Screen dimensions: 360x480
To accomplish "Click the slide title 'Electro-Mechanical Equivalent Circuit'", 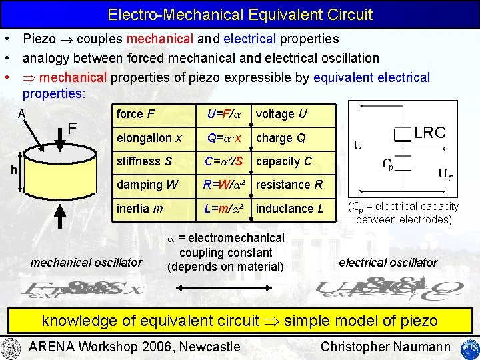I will coord(240,14).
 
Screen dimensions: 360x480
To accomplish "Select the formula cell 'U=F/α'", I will coord(224,114).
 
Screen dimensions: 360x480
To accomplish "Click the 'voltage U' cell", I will coord(281,114).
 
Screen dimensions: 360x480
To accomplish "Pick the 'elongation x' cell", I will coord(149,138).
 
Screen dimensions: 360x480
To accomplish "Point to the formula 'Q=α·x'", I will coord(224,138).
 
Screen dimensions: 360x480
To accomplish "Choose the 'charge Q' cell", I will coord(281,138).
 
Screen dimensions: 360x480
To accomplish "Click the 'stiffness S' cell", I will coord(144,161).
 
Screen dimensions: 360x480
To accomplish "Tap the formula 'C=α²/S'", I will coord(225,161).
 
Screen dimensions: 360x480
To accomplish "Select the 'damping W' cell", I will coord(147,185).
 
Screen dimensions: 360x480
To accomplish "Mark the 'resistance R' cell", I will coord(289,185).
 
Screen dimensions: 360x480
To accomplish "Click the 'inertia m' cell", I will coord(139,209).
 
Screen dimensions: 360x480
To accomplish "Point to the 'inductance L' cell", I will coord(290,209).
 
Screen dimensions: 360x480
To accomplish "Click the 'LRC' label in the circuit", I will coord(430,132).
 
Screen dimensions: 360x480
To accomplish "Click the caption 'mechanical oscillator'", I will coord(87,262).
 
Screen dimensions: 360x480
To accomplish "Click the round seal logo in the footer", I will coord(11,347).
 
